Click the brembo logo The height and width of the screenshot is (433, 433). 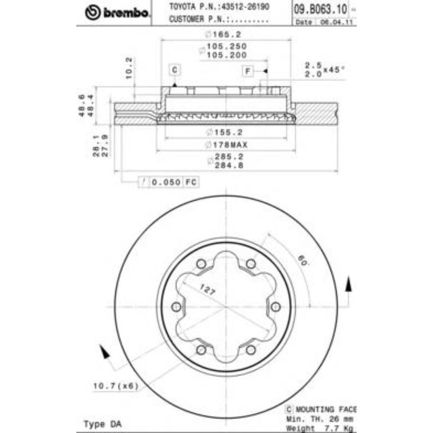pyautogui.click(x=118, y=12)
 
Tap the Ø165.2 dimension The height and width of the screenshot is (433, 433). pyautogui.click(x=225, y=35)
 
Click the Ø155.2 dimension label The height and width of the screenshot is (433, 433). pyautogui.click(x=225, y=132)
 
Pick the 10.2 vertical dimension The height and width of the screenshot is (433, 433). pyautogui.click(x=129, y=69)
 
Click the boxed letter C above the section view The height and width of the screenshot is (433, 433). pyautogui.click(x=174, y=69)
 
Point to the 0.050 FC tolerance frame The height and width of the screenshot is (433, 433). pyautogui.click(x=166, y=182)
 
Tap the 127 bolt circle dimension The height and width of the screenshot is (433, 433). pyautogui.click(x=208, y=288)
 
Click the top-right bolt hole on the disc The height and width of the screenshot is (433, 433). pyautogui.click(x=251, y=264)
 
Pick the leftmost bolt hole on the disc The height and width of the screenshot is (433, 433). pyautogui.click(x=176, y=307)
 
